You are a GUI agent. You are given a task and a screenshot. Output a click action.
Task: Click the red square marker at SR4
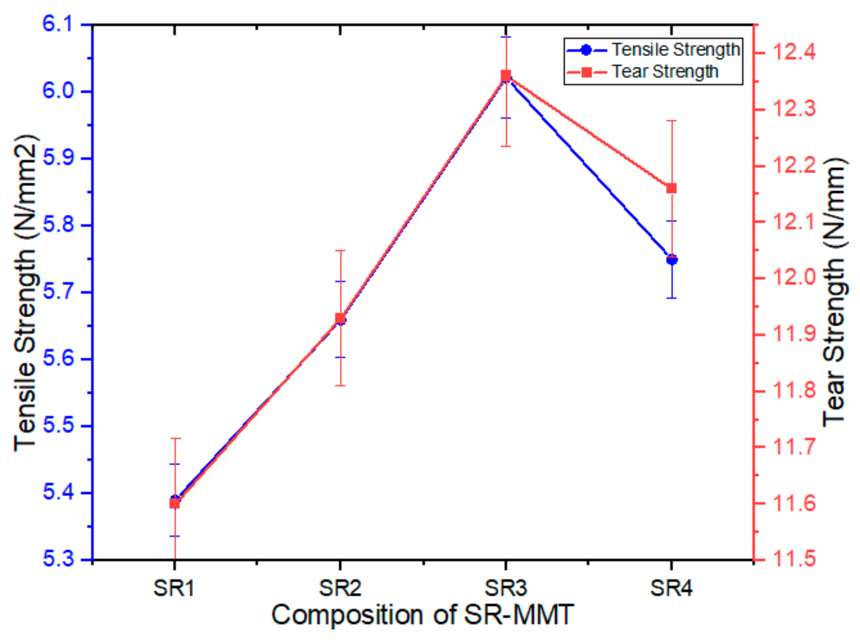click(x=671, y=188)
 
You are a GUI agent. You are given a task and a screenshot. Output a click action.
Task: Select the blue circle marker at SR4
click(x=671, y=259)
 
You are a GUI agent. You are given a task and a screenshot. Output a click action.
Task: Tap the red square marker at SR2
click(x=340, y=318)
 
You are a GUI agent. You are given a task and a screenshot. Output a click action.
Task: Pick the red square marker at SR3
click(x=506, y=76)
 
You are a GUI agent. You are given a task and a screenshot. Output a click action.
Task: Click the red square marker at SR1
click(x=175, y=503)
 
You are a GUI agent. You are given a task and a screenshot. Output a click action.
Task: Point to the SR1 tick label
click(x=174, y=588)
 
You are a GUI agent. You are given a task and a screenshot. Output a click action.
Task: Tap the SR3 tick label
click(x=505, y=588)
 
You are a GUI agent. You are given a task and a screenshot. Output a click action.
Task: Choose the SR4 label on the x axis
click(x=671, y=588)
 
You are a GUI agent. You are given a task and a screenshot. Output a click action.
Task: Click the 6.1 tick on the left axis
click(x=57, y=24)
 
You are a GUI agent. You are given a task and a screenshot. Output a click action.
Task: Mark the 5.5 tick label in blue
click(x=57, y=425)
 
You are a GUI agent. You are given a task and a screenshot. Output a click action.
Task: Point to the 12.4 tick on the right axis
click(x=794, y=53)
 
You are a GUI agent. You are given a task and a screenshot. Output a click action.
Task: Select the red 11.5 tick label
click(x=794, y=559)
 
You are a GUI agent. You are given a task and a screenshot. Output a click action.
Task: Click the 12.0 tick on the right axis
click(x=794, y=278)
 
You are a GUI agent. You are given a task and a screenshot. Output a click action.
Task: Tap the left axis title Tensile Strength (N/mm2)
click(x=25, y=293)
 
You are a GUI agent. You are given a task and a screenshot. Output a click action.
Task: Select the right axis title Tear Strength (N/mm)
click(x=835, y=293)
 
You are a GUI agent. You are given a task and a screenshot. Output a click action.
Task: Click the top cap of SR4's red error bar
click(x=671, y=121)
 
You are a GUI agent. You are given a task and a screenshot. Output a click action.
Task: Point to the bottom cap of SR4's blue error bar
click(x=671, y=298)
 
